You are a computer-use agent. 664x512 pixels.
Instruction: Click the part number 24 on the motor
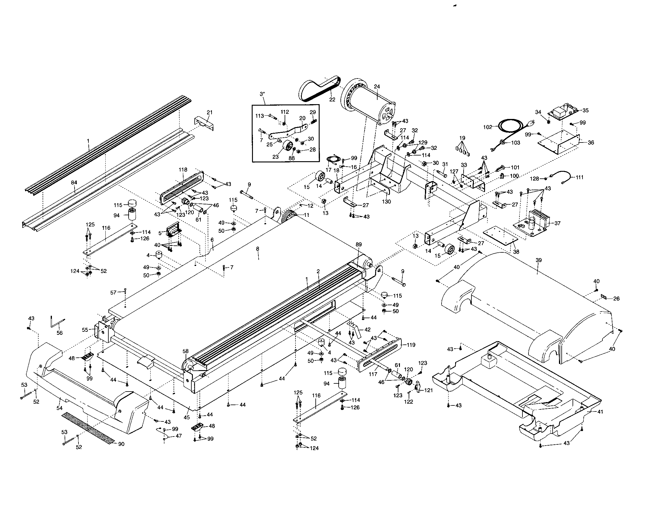[377, 87]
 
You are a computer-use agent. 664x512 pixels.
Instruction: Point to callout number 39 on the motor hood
[538, 260]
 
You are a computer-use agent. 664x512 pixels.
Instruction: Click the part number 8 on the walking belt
[257, 249]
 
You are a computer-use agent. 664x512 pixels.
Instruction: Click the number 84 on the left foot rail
[74, 182]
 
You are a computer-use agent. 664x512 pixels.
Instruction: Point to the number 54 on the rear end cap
[59, 408]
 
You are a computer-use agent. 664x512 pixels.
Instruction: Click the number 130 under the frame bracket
[386, 202]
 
